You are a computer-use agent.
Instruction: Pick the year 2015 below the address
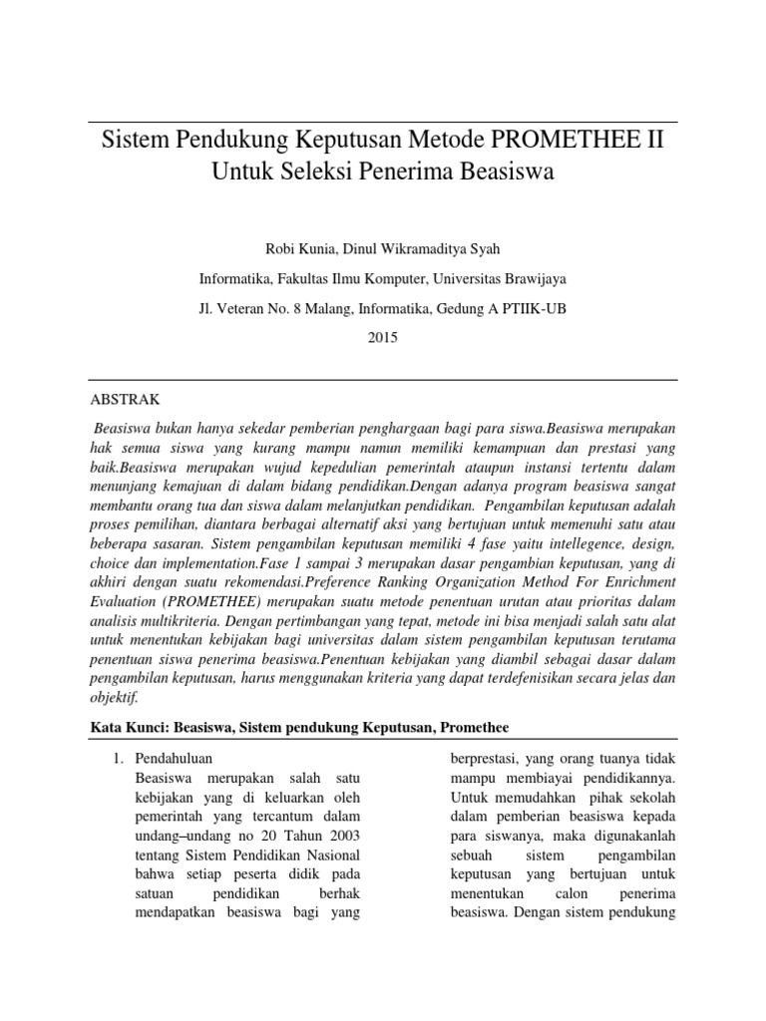[x=383, y=338]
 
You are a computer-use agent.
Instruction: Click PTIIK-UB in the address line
[x=535, y=308]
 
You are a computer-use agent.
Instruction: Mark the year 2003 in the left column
[x=341, y=835]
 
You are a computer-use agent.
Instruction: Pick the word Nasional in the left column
[x=334, y=854]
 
